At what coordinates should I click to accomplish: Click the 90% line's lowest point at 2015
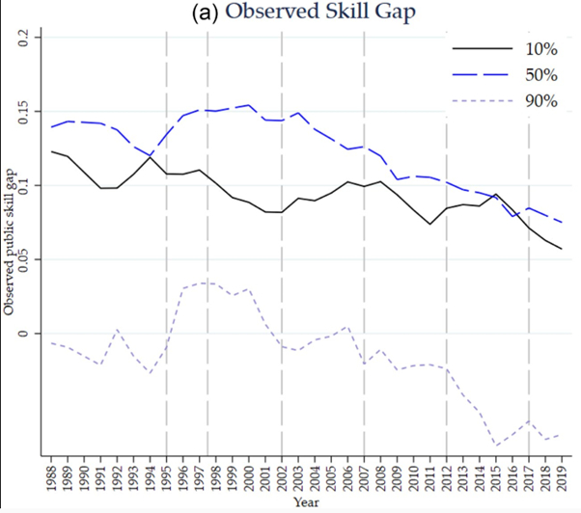click(x=495, y=445)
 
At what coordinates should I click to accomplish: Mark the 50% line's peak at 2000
click(x=249, y=105)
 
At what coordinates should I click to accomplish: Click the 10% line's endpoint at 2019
click(x=561, y=249)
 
